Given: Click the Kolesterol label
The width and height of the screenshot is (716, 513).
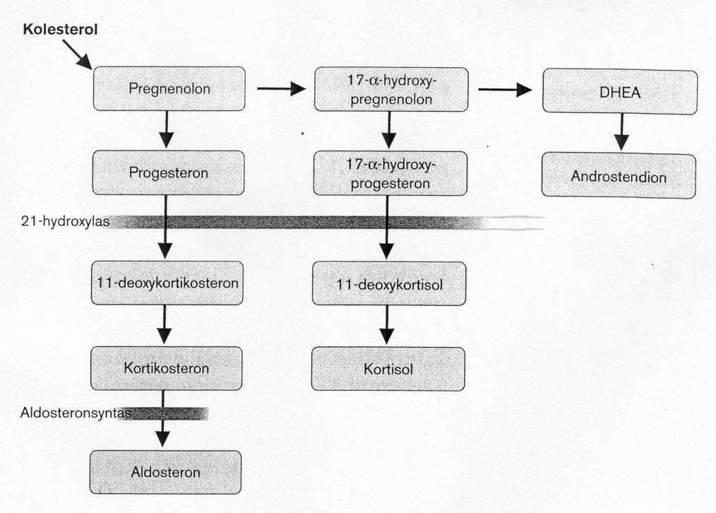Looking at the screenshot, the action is (x=60, y=30).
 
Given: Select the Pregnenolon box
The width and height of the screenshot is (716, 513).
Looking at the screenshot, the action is (x=169, y=88).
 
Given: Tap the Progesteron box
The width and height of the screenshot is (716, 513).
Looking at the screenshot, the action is (x=168, y=172).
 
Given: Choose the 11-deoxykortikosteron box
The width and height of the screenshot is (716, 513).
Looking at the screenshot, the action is (x=167, y=283).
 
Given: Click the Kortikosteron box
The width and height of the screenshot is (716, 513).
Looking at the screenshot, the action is (x=166, y=368).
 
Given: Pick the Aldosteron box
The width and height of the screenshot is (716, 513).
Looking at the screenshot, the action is (x=165, y=472).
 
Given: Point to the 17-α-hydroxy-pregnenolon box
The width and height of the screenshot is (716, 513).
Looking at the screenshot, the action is (x=391, y=90).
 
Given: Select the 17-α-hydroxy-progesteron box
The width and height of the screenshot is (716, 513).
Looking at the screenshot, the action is (x=390, y=174).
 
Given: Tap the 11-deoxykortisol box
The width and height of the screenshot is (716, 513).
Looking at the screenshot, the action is (x=389, y=283).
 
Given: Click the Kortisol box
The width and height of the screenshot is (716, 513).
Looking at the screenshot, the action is (x=388, y=369).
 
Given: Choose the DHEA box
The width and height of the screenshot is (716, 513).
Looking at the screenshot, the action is (x=620, y=92).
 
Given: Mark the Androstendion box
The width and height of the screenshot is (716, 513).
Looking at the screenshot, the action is (x=619, y=176).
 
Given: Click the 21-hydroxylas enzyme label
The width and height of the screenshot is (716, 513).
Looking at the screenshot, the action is (x=65, y=221).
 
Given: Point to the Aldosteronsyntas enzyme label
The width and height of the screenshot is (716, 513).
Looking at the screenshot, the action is (x=76, y=413).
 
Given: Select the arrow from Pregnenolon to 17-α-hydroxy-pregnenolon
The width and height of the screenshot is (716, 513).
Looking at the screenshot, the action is (x=281, y=88).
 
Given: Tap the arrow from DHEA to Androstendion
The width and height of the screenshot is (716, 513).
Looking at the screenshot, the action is (x=621, y=132).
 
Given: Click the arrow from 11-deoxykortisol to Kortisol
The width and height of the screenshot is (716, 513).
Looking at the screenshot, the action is (x=387, y=325).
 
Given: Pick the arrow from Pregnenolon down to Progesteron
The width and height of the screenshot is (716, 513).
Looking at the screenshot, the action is (x=166, y=129).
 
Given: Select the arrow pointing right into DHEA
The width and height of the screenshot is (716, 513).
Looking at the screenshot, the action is (x=506, y=90).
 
